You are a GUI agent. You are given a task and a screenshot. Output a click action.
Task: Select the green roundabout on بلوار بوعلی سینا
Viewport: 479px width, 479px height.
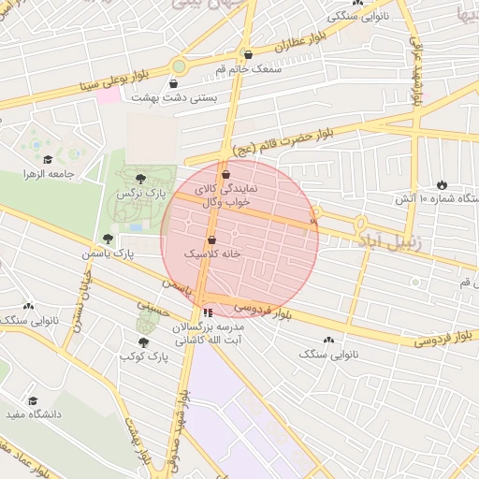(179, 66)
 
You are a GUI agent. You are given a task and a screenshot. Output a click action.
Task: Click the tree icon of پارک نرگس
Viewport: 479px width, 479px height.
(140, 178)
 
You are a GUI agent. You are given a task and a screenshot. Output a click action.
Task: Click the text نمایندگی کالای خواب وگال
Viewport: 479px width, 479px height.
(223, 195)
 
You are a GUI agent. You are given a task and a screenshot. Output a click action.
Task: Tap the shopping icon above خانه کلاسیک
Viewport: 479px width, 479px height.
(211, 239)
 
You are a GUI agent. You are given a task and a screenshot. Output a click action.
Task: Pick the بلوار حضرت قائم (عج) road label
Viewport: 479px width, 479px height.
(280, 140)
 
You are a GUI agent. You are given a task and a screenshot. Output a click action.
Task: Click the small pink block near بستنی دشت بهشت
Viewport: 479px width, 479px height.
(109, 96)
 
